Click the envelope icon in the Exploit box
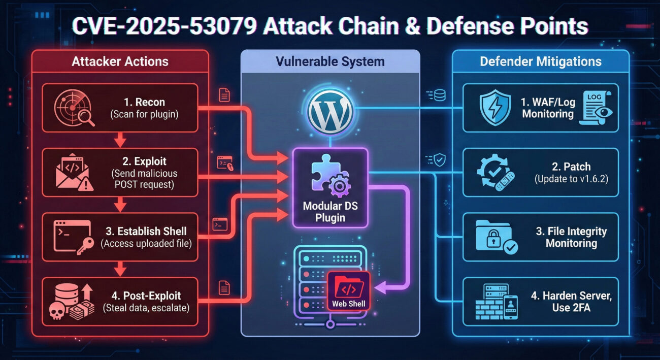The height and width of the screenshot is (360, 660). (x=72, y=172)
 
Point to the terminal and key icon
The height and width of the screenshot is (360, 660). (x=72, y=237)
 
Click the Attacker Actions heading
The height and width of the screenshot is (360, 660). (x=120, y=62)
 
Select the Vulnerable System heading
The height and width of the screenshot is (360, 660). (x=330, y=62)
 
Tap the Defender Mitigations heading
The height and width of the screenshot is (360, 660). (x=540, y=62)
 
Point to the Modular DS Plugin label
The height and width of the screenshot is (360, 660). (x=330, y=212)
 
